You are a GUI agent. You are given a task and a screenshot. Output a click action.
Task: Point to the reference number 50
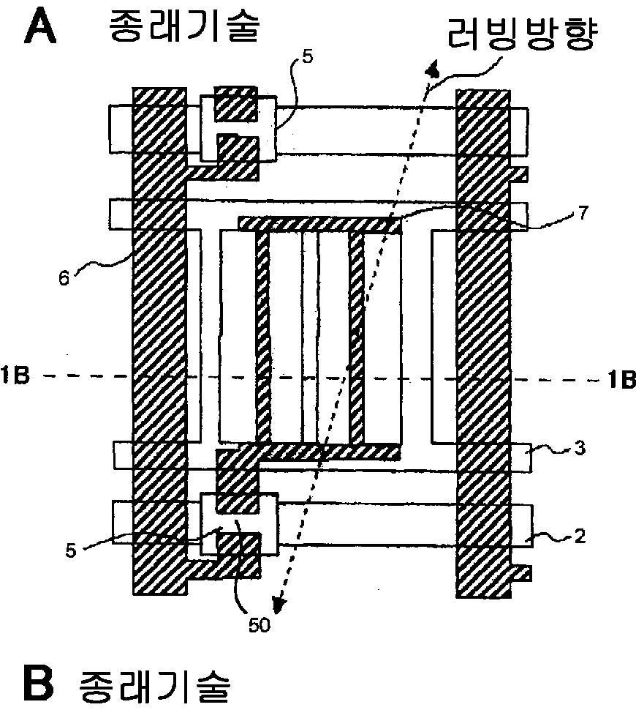click(x=258, y=626)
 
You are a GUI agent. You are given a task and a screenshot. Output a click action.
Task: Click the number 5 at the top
click(x=306, y=56)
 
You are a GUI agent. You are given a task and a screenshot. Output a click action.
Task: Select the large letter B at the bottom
click(x=39, y=684)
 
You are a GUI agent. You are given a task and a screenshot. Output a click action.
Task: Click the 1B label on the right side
click(x=620, y=379)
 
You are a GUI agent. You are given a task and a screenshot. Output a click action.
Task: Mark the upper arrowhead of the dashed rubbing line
click(x=433, y=70)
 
